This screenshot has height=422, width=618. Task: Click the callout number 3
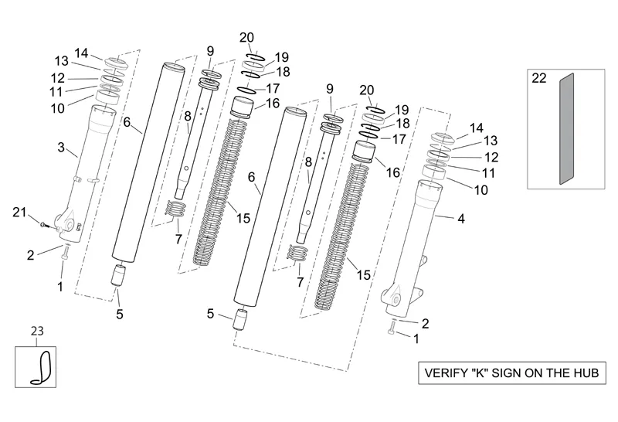60,146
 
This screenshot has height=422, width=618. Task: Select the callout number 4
460,219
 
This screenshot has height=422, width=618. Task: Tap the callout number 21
20,213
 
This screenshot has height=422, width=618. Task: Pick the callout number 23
37,331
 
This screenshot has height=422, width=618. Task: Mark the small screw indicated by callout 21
45,226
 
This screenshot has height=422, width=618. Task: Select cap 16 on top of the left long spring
244,106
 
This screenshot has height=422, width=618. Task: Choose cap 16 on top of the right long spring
364,150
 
